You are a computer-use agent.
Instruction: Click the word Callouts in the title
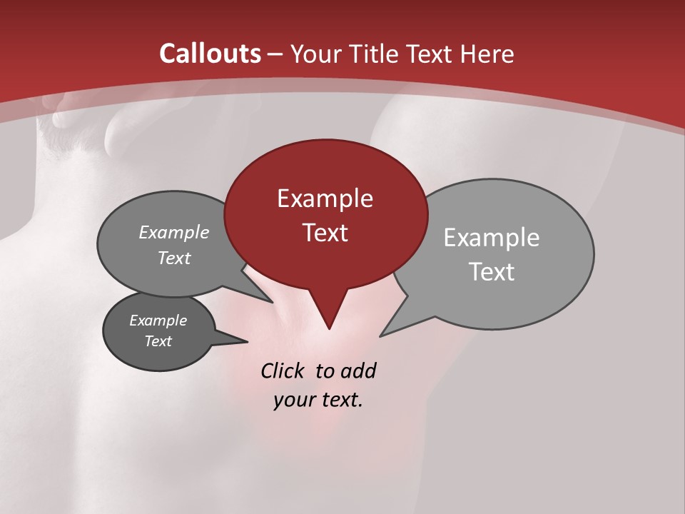click(x=210, y=54)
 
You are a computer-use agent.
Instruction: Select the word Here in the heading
click(x=488, y=54)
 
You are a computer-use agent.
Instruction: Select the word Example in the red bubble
click(x=325, y=198)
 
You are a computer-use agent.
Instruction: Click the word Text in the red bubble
click(x=325, y=233)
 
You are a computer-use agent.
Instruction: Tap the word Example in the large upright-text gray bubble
click(x=492, y=238)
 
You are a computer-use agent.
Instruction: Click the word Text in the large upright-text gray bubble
click(x=492, y=272)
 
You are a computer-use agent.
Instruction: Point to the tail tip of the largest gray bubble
click(x=381, y=336)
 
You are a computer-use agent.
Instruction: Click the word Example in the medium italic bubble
click(x=174, y=233)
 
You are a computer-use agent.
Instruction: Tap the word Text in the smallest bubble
click(x=158, y=341)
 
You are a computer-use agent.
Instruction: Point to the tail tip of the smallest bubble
click(x=247, y=341)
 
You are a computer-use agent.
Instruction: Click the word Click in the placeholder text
click(x=284, y=371)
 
